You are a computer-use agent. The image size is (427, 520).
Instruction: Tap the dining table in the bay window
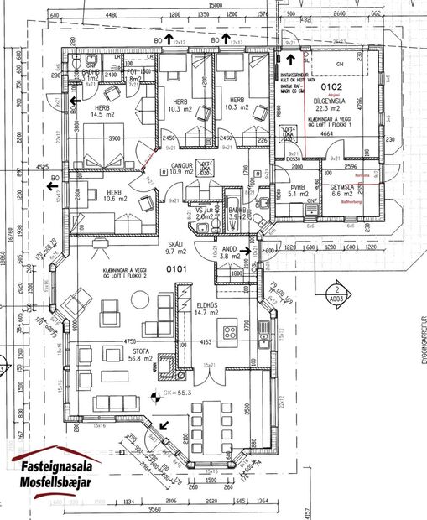[x=208, y=425]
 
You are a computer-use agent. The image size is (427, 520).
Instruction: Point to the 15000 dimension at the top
[x=216, y=5]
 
